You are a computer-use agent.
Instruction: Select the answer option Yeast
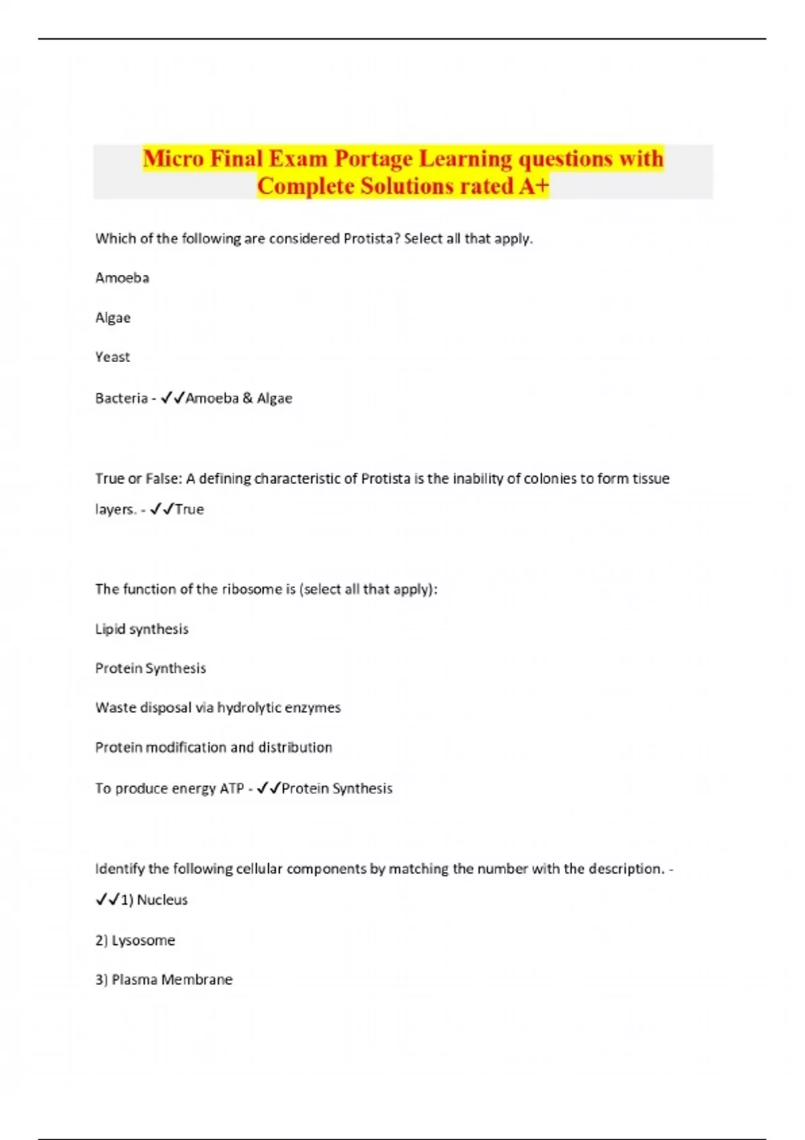(x=113, y=357)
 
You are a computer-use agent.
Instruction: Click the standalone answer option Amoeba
(x=122, y=278)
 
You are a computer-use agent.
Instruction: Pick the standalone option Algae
(x=113, y=318)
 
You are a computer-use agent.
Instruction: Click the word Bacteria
(x=121, y=398)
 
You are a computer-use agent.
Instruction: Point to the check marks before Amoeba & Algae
(x=173, y=398)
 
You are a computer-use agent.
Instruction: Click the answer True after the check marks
(x=189, y=510)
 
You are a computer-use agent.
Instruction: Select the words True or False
(x=138, y=479)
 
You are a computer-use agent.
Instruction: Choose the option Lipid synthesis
(x=142, y=629)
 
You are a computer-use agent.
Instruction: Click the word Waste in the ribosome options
(x=115, y=707)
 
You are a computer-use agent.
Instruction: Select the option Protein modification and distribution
(x=213, y=747)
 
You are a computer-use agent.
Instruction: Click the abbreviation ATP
(x=231, y=789)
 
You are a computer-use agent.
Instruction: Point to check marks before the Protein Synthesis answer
(x=268, y=788)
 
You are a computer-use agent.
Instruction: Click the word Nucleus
(x=162, y=900)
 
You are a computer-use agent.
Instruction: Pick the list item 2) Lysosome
(x=135, y=940)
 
